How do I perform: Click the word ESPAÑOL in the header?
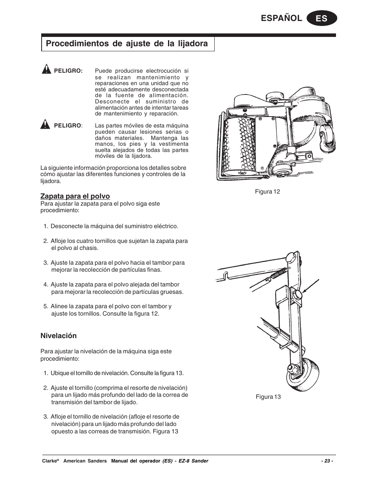(x=283, y=18)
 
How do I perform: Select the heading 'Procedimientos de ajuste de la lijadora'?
(x=127, y=44)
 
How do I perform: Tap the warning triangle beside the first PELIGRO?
(x=46, y=70)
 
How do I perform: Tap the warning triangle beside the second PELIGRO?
(x=46, y=125)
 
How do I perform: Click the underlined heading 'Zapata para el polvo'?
(x=75, y=196)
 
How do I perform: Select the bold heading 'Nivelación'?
(x=59, y=336)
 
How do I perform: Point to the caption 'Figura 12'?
(x=267, y=192)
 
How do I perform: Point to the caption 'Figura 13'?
(x=268, y=397)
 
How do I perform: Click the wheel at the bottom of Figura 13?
(x=299, y=373)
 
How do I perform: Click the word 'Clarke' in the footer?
(x=49, y=461)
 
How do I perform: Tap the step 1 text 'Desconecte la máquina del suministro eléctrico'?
(x=114, y=226)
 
